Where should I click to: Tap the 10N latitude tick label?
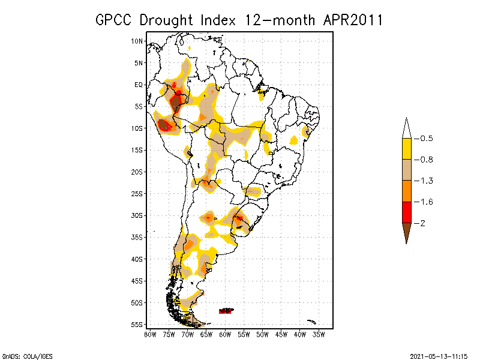pyautogui.click(x=137, y=41)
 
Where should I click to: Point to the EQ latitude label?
pyautogui.click(x=139, y=85)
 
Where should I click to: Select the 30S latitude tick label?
pyautogui.click(x=137, y=215)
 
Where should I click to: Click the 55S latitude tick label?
pyautogui.click(x=137, y=325)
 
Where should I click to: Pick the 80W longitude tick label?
pyautogui.click(x=150, y=334)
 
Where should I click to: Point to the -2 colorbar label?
pyautogui.click(x=419, y=223)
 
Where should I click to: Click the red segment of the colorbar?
pyautogui.click(x=406, y=212)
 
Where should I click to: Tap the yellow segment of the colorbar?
pyautogui.click(x=406, y=149)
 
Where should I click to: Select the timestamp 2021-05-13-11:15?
pyautogui.click(x=439, y=355)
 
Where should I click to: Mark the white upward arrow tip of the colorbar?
pyautogui.click(x=406, y=128)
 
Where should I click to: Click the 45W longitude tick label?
pyautogui.click(x=281, y=334)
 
